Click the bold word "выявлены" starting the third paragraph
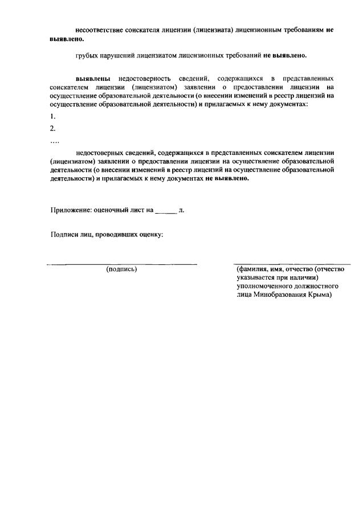(x=94, y=77)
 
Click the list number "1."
(x=53, y=117)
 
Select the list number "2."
(x=53, y=129)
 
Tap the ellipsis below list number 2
(x=54, y=141)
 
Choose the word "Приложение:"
(x=71, y=210)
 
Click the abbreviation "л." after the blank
(x=181, y=210)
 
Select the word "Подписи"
(x=64, y=235)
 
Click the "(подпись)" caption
(x=121, y=269)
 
